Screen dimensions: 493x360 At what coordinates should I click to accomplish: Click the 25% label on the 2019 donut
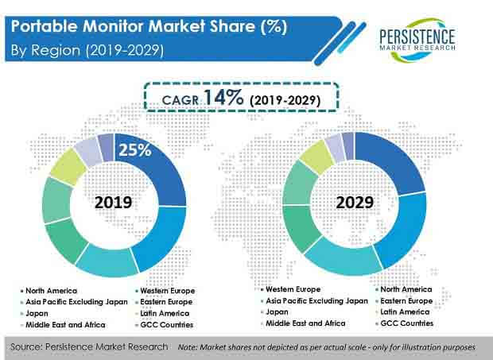click(x=135, y=150)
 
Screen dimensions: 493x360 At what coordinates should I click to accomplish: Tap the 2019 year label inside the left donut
click(x=113, y=203)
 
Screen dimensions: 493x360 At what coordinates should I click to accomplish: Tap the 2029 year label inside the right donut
click(x=355, y=203)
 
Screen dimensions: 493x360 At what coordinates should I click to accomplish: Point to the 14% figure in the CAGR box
click(x=223, y=98)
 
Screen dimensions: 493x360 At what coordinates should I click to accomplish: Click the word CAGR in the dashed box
click(x=181, y=100)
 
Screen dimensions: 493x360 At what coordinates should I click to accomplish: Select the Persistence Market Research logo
click(x=417, y=41)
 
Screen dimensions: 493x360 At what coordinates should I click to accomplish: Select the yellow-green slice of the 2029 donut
click(x=317, y=157)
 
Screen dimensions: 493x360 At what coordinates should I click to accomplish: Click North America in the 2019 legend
click(x=51, y=291)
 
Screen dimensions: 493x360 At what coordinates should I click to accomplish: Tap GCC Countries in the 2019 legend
click(x=167, y=325)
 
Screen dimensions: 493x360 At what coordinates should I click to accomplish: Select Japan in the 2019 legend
click(x=37, y=313)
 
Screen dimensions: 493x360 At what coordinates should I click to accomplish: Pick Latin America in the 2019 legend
click(x=165, y=313)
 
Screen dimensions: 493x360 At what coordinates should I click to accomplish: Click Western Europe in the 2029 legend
click(x=293, y=289)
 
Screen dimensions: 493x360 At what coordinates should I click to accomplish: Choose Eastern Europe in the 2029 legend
click(x=406, y=301)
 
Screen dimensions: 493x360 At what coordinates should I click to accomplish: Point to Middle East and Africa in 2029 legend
click(x=305, y=323)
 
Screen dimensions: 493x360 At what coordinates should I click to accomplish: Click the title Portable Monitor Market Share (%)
click(x=149, y=26)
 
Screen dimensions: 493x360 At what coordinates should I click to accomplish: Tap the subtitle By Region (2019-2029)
click(x=87, y=50)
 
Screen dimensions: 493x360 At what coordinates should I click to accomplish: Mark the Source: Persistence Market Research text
click(x=89, y=346)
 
